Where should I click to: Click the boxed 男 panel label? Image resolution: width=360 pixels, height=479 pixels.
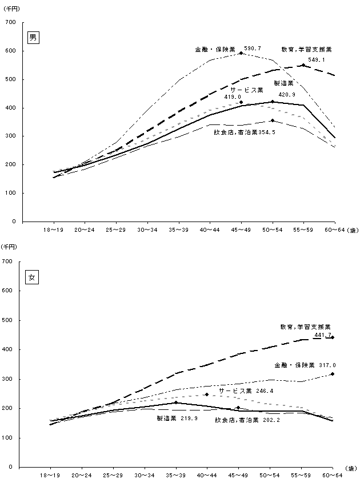[x=34, y=38]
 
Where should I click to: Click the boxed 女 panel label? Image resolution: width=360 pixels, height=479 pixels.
[x=34, y=278]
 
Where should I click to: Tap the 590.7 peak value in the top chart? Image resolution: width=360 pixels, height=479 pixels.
[x=253, y=49]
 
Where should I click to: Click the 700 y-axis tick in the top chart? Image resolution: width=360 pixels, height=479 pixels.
[x=10, y=22]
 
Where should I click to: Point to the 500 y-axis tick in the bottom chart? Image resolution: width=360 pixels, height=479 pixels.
[x=10, y=320]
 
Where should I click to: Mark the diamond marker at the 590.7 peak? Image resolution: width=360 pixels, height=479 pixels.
[x=241, y=53]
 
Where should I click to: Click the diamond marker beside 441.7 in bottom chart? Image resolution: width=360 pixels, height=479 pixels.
[x=333, y=337]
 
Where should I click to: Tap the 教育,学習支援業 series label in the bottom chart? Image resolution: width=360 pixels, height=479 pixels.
[x=306, y=327]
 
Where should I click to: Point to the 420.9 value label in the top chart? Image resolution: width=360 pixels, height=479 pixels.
[x=270, y=94]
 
